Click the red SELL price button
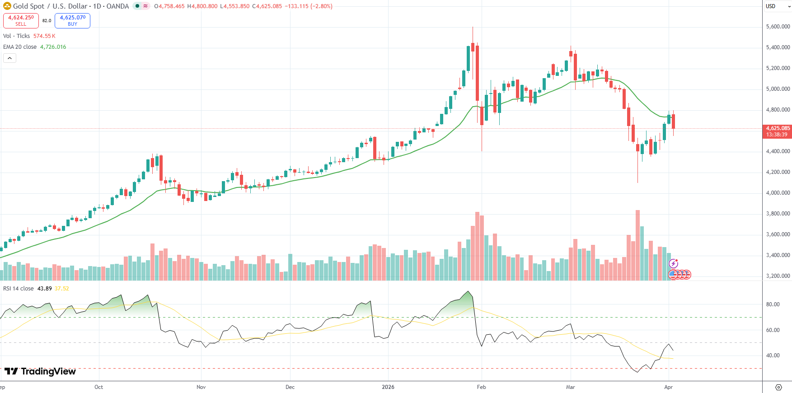pos(21,21)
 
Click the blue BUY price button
pos(72,21)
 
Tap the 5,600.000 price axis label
pos(778,27)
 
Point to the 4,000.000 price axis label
pos(778,193)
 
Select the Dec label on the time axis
pos(290,387)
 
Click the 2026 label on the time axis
pos(388,387)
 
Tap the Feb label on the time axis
pos(482,387)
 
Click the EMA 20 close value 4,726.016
pos(53,47)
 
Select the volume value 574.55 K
pos(44,36)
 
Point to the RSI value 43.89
pos(44,289)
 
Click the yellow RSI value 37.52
pos(62,289)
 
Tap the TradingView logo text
pos(48,371)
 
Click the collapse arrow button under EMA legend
pos(9,58)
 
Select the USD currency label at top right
pos(771,6)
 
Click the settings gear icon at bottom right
pos(778,387)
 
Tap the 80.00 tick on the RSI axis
pos(773,304)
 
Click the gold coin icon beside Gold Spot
pos(7,6)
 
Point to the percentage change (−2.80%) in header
pos(321,6)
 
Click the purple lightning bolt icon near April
pos(673,263)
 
